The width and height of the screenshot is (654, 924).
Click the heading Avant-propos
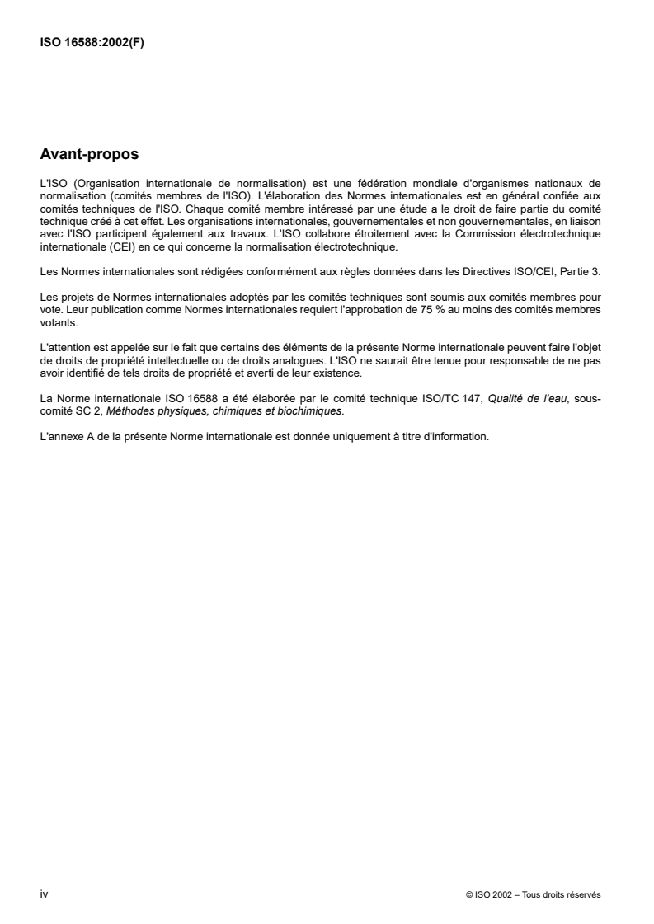[x=89, y=154]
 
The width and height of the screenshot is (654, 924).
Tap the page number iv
[x=44, y=893]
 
